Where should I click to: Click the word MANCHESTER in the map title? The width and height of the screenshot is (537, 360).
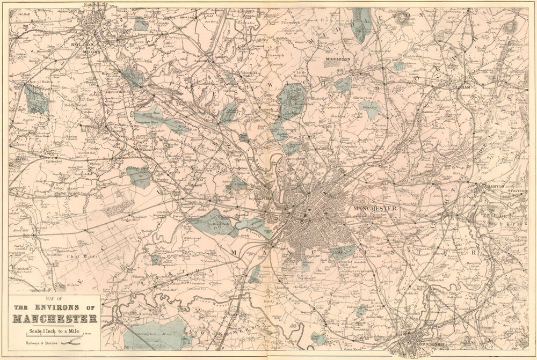(55, 319)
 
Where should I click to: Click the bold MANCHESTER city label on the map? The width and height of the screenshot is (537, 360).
(375, 208)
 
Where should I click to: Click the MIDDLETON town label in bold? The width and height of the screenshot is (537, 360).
(337, 58)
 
